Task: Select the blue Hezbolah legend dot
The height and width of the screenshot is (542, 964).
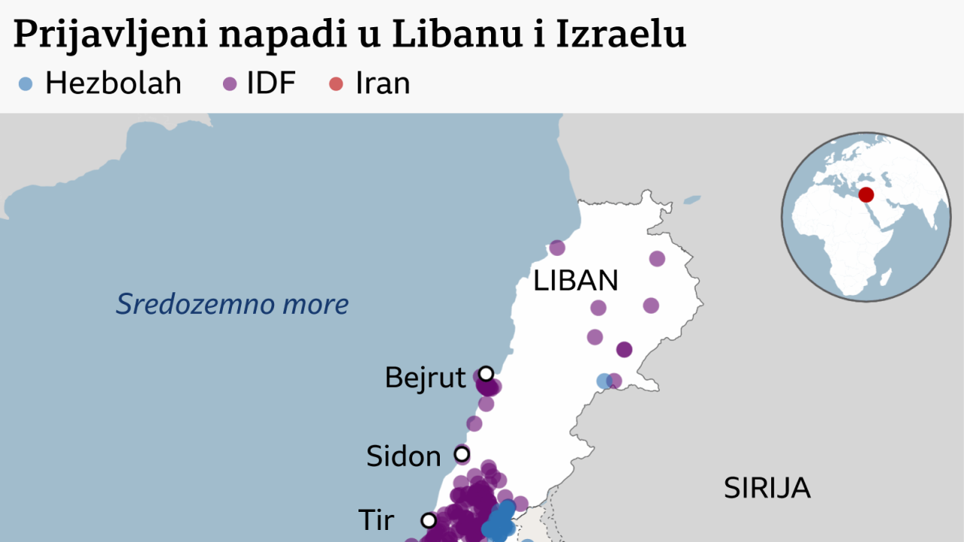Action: [26, 84]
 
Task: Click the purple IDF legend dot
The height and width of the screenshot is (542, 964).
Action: [230, 84]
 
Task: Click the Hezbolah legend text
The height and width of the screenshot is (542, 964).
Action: [113, 84]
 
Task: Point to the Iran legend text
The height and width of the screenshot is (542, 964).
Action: [383, 84]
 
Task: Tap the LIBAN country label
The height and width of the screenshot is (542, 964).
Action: [575, 281]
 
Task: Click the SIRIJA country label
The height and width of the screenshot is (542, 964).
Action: [767, 488]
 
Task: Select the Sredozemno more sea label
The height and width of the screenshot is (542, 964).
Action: [232, 304]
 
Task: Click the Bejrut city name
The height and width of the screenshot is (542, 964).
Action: [425, 377]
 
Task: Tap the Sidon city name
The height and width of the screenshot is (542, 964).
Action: [404, 456]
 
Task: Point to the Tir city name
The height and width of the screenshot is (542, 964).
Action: [377, 519]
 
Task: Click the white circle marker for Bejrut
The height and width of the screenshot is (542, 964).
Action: [487, 373]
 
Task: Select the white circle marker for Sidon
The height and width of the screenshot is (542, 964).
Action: [461, 454]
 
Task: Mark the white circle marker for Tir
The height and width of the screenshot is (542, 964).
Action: [429, 519]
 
